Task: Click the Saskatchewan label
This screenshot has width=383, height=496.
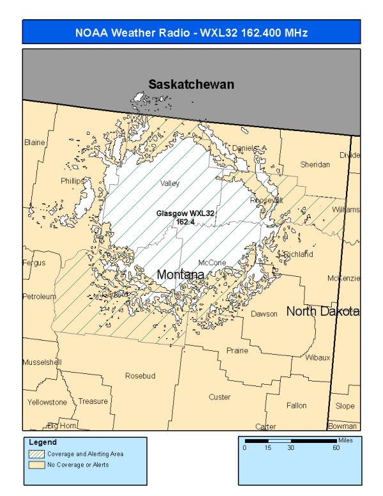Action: coord(191,84)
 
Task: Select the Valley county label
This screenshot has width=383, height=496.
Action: coord(170,183)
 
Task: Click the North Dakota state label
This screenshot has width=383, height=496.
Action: coord(322,311)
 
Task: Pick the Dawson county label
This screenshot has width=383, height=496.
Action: coord(264,314)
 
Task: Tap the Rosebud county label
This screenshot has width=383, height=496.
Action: coord(140,375)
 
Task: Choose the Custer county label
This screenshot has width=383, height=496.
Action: coord(219,397)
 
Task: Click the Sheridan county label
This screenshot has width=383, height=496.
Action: coord(315,164)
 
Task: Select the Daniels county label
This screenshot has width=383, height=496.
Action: coord(244,148)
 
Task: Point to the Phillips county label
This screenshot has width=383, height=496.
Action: coord(72,181)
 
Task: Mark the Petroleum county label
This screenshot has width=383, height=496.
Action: coord(40,297)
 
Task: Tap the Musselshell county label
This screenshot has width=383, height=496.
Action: coord(42,362)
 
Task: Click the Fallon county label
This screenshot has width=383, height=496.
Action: coord(296,405)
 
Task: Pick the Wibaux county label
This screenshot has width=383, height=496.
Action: coord(317,357)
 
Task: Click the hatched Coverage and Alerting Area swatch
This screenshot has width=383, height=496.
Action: coord(36,454)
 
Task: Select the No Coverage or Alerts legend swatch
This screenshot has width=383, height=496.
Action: coord(36,465)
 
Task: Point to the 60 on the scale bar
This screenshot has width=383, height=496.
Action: coord(336,448)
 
